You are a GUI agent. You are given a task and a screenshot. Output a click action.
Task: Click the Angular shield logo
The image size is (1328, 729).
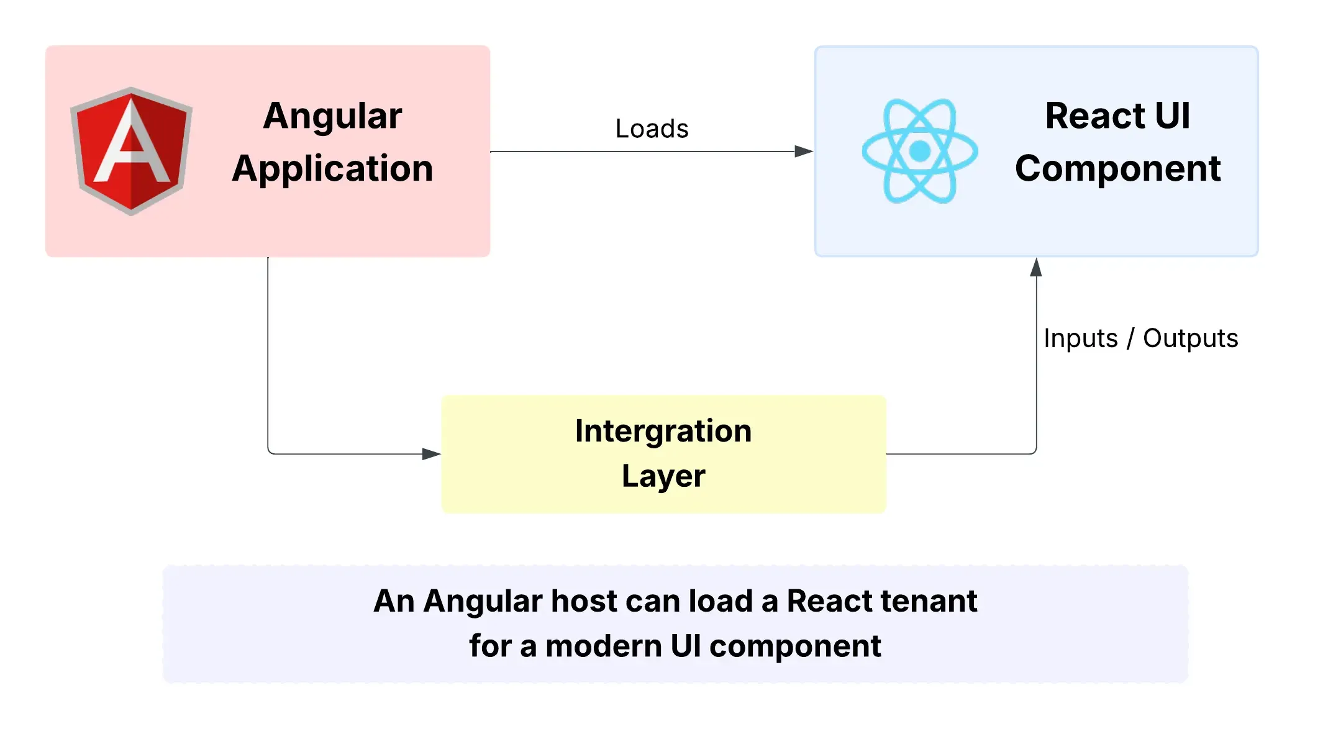click(x=131, y=151)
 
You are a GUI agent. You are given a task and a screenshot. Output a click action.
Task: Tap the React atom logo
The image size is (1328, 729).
click(x=919, y=151)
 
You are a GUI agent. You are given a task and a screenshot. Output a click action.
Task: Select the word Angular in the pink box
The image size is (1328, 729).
click(x=332, y=116)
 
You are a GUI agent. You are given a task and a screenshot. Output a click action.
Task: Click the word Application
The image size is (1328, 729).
click(x=332, y=169)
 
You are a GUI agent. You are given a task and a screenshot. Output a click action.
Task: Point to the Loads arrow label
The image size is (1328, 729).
click(x=652, y=129)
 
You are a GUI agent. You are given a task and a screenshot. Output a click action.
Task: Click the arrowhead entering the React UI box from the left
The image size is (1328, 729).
click(x=804, y=152)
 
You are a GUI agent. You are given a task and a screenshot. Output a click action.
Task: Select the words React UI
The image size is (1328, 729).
click(x=1117, y=116)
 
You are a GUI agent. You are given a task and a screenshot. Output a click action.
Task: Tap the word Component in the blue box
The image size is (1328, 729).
click(x=1117, y=169)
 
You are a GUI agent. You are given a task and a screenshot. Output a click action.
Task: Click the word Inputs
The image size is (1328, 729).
click(x=1080, y=339)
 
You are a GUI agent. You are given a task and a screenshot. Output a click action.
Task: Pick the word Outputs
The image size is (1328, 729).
click(x=1190, y=339)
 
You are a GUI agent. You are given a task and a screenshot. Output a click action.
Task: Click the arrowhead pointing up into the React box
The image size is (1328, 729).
click(x=1036, y=268)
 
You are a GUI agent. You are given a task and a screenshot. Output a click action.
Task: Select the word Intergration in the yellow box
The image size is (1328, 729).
click(x=663, y=431)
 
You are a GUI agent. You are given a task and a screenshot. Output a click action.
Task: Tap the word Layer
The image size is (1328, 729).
click(x=663, y=476)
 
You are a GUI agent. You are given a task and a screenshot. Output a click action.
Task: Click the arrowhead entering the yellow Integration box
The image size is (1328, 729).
click(x=432, y=454)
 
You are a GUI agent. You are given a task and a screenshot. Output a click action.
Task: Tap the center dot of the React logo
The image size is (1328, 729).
click(x=919, y=151)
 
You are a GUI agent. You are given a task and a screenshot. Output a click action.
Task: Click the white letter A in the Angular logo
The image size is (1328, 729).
click(x=131, y=146)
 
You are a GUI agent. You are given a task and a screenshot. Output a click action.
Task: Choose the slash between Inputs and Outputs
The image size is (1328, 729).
click(x=1130, y=339)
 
